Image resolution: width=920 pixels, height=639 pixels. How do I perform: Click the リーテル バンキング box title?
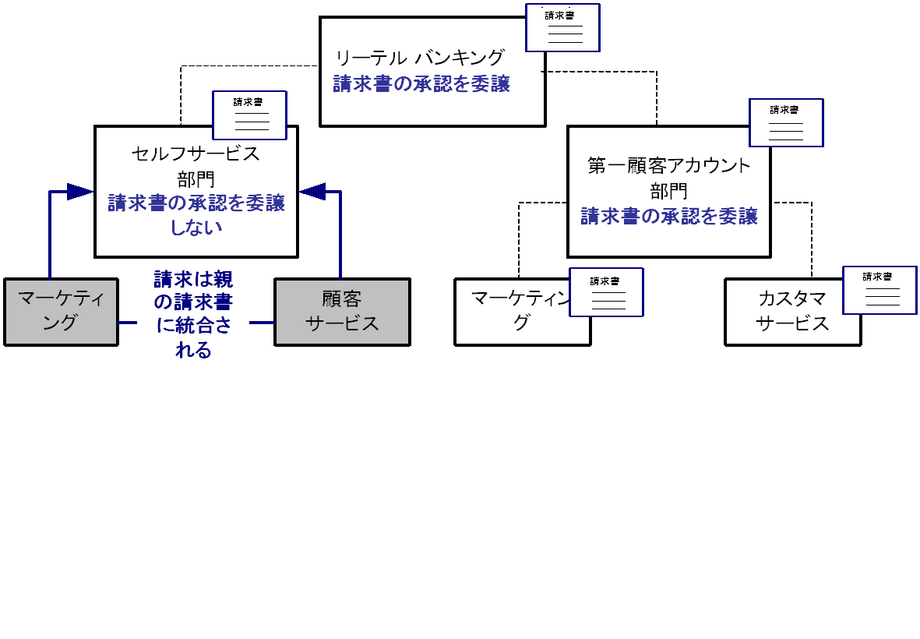[x=420, y=57]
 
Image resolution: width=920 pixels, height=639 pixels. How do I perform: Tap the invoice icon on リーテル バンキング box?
[x=562, y=28]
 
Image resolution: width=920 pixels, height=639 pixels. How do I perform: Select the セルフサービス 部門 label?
[x=196, y=165]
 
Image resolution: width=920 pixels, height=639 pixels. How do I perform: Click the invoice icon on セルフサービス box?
[x=249, y=115]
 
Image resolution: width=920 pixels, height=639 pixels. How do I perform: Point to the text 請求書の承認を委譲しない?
[x=196, y=215]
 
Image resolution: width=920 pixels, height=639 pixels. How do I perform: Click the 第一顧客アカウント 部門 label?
[x=668, y=177]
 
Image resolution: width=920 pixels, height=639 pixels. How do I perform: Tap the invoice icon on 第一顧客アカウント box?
[x=785, y=122]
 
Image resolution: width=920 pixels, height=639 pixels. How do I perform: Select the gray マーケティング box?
[x=60, y=311]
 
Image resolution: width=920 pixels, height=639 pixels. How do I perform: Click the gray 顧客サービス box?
[x=342, y=311]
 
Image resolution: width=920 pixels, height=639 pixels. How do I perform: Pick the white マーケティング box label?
[x=514, y=311]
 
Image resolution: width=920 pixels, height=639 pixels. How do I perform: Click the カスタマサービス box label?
[x=791, y=311]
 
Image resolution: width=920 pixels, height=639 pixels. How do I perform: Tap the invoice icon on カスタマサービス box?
[x=879, y=290]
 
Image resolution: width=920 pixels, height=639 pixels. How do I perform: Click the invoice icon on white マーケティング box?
[x=606, y=292]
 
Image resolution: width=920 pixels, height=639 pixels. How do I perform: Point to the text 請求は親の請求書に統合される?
[x=193, y=314]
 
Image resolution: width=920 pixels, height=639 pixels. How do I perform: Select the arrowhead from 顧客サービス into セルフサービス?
[x=312, y=191]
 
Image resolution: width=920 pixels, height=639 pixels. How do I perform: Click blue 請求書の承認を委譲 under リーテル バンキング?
[x=421, y=84]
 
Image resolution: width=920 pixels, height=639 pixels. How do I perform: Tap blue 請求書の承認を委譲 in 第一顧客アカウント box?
[x=668, y=216]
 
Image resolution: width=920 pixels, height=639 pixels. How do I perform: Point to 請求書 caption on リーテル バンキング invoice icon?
[x=560, y=15]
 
